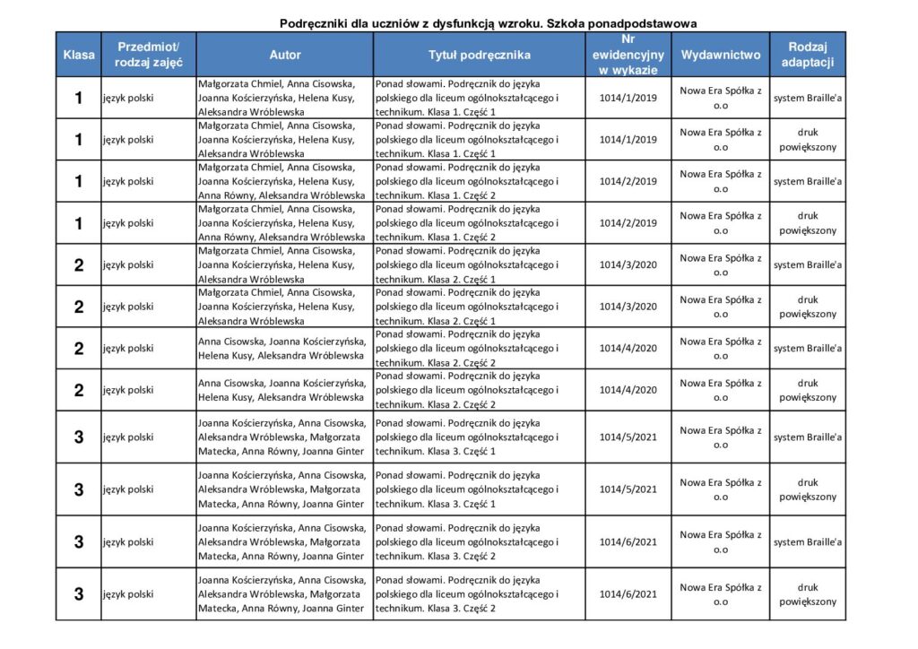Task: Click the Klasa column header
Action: pos(79,55)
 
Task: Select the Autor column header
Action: pos(284,55)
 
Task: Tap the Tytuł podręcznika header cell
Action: pos(479,55)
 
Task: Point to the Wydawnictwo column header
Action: pos(720,55)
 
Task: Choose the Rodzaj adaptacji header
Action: pos(807,55)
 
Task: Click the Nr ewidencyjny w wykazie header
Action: pos(628,55)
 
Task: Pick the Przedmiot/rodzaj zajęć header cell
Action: pos(148,55)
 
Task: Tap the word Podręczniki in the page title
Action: pos(314,22)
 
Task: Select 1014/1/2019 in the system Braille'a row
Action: pos(628,98)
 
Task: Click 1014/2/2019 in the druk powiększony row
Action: pos(628,223)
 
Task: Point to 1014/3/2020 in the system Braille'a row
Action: pos(628,264)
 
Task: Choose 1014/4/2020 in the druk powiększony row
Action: pos(628,390)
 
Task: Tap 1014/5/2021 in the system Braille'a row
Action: pos(628,437)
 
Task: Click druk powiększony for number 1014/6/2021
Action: pos(807,594)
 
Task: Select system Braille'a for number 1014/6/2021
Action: pos(807,542)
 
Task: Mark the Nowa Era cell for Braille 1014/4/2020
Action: pos(720,349)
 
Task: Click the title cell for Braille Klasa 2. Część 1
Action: pos(479,264)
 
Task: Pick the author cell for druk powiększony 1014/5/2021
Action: pos(284,489)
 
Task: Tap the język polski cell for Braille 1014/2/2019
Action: pos(148,181)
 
